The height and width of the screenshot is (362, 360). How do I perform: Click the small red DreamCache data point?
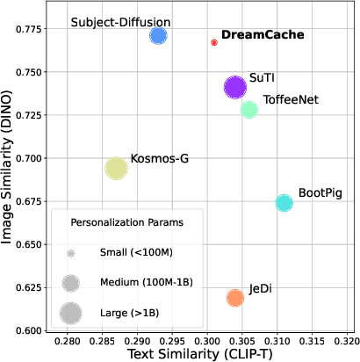pos(214,42)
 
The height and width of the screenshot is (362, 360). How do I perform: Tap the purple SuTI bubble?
pos(235,87)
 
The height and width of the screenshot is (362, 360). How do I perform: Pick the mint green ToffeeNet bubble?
pos(249,110)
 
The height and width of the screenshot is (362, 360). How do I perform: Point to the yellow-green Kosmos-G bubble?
pos(117,169)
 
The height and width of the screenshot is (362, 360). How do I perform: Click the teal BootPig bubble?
pos(284,203)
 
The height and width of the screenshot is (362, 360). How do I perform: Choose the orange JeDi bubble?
pos(235,299)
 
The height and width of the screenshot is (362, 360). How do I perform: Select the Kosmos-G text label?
pos(159,159)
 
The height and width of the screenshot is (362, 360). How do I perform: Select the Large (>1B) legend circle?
pos(71,312)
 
